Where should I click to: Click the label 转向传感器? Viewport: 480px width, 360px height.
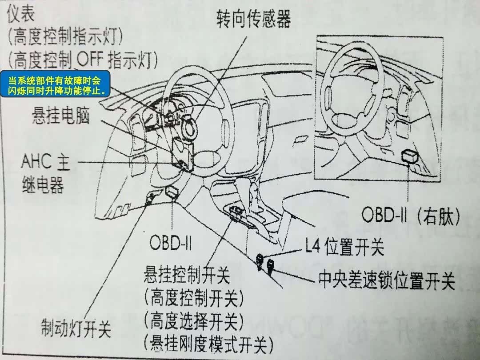(253, 19)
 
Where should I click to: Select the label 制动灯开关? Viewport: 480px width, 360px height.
(76, 329)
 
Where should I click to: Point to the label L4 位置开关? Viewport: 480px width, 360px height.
(344, 246)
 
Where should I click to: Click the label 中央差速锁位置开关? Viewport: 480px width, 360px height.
(387, 280)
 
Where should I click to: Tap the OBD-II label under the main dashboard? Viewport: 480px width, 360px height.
(170, 243)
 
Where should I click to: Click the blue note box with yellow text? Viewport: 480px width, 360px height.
(55, 84)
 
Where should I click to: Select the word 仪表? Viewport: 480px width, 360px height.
(20, 13)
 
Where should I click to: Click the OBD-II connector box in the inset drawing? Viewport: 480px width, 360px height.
(410, 156)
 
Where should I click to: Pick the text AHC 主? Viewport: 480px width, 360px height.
(46, 161)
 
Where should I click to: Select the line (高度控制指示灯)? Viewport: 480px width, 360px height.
(65, 36)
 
